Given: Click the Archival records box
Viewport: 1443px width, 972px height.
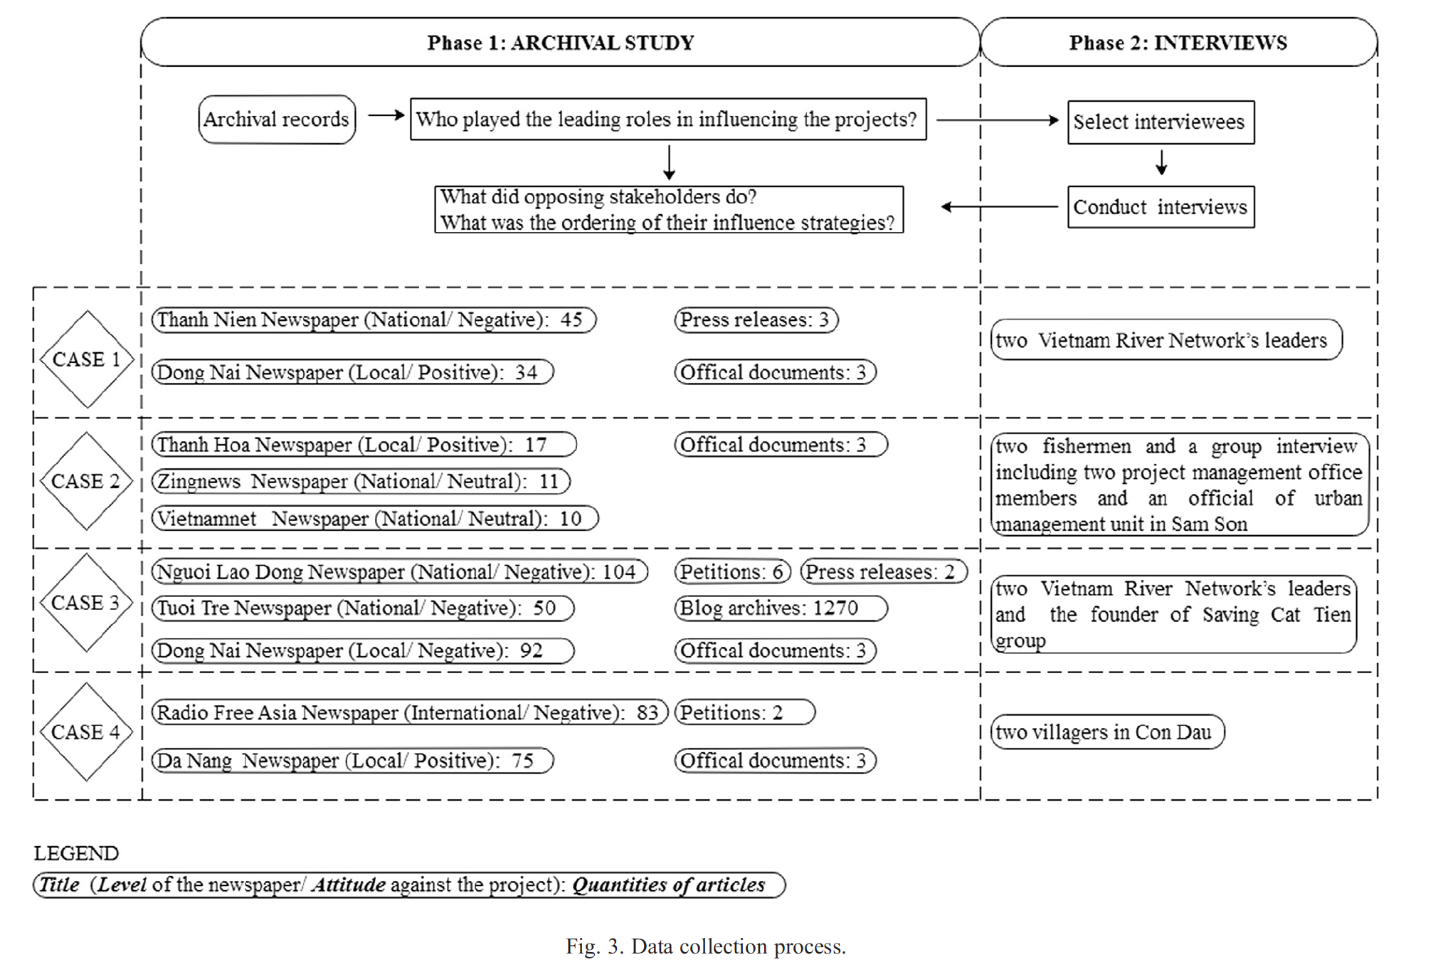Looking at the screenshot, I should click(277, 120).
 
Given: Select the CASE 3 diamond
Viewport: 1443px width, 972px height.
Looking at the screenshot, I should click(86, 603).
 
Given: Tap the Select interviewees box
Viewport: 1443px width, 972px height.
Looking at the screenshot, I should click(1160, 122).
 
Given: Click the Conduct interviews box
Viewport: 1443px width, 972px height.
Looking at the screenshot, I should click(1160, 207).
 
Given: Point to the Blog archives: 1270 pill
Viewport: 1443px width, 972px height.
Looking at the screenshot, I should click(780, 608).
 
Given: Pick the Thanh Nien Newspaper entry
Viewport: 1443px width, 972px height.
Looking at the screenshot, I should click(373, 319).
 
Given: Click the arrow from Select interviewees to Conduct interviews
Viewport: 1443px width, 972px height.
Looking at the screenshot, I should click(1161, 163).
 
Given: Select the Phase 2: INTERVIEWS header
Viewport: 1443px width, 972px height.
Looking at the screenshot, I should click(1178, 43).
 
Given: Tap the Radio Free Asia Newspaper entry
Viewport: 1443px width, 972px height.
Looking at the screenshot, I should click(409, 712).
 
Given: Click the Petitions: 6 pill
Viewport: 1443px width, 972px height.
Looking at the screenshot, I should click(732, 571).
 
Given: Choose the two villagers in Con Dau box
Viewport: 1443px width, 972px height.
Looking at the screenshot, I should click(1106, 732).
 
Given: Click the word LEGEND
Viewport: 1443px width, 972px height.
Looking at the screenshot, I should click(76, 853).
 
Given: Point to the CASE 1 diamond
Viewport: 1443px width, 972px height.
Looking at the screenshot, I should click(86, 359).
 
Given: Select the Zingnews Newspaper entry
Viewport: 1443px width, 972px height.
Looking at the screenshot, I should click(360, 482).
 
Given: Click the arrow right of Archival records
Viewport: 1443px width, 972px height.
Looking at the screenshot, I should click(386, 115).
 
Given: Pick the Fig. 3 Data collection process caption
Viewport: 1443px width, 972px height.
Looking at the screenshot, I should click(705, 946).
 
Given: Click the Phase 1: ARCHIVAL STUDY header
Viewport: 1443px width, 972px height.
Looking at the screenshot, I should click(560, 43).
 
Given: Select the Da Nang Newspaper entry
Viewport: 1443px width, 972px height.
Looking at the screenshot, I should click(351, 761).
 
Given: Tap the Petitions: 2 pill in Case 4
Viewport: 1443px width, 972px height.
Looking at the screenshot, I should click(744, 712).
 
